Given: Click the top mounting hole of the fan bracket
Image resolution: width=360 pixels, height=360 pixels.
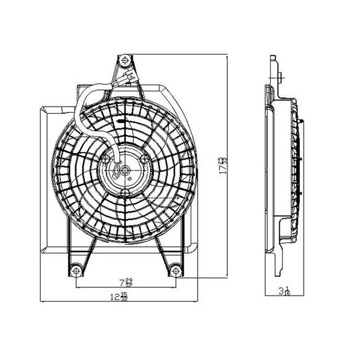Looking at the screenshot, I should pyautogui.click(x=123, y=60).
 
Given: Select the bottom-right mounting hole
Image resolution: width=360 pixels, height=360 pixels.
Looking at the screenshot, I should pyautogui.click(x=175, y=269).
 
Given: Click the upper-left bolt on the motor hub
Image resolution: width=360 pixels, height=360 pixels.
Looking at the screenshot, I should pyautogui.click(x=105, y=160).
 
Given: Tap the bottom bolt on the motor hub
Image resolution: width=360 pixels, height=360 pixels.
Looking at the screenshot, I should pyautogui.click(x=124, y=192).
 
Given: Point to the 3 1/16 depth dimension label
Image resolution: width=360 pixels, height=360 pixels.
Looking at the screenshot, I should pyautogui.click(x=284, y=292).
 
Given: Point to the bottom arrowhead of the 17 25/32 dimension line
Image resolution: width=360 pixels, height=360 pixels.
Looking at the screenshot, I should pyautogui.click(x=227, y=276).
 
